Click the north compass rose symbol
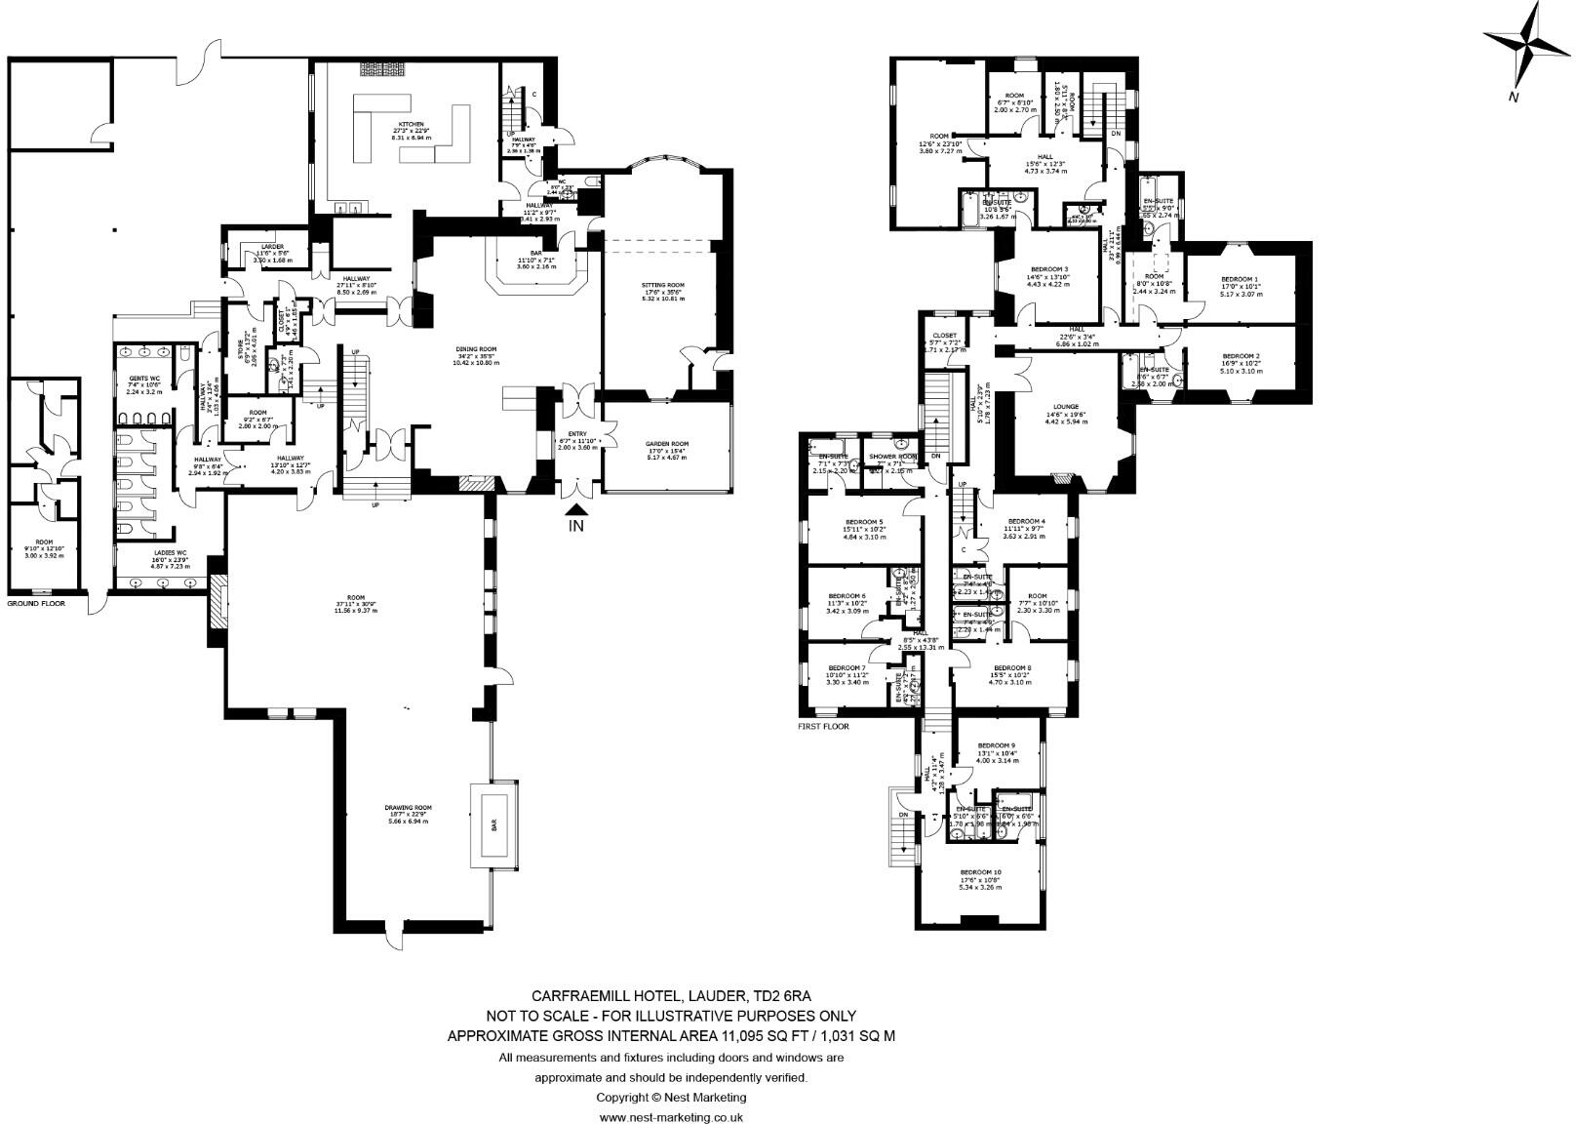(1527, 44)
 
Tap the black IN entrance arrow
(577, 509)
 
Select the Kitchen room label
(409, 126)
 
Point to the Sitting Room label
(663, 286)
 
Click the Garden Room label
(667, 444)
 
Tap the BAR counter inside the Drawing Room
(494, 824)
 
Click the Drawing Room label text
(409, 808)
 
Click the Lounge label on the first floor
(1067, 406)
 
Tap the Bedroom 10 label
(981, 872)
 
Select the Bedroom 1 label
(1240, 280)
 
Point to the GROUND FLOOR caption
(36, 604)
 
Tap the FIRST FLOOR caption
(824, 727)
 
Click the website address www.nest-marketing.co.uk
(671, 1117)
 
